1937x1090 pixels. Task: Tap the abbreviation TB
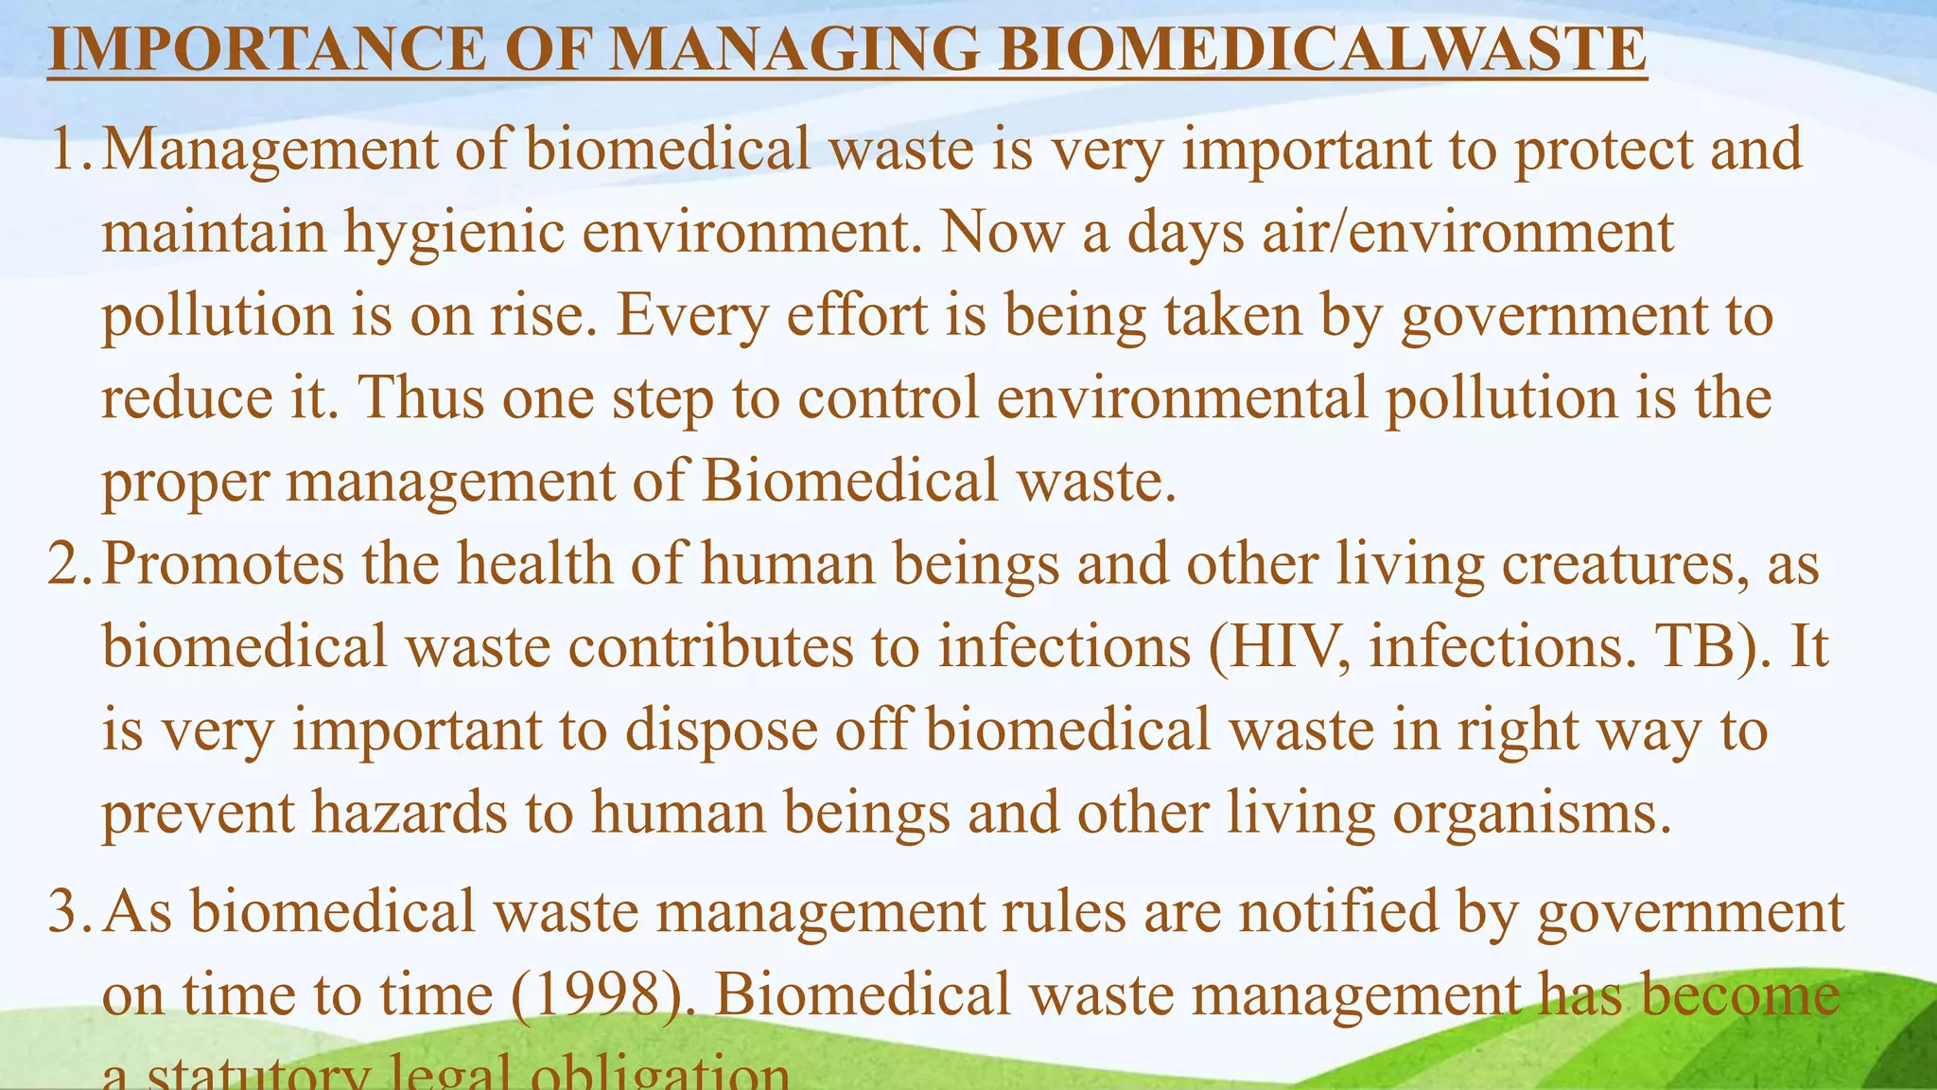click(x=1701, y=647)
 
